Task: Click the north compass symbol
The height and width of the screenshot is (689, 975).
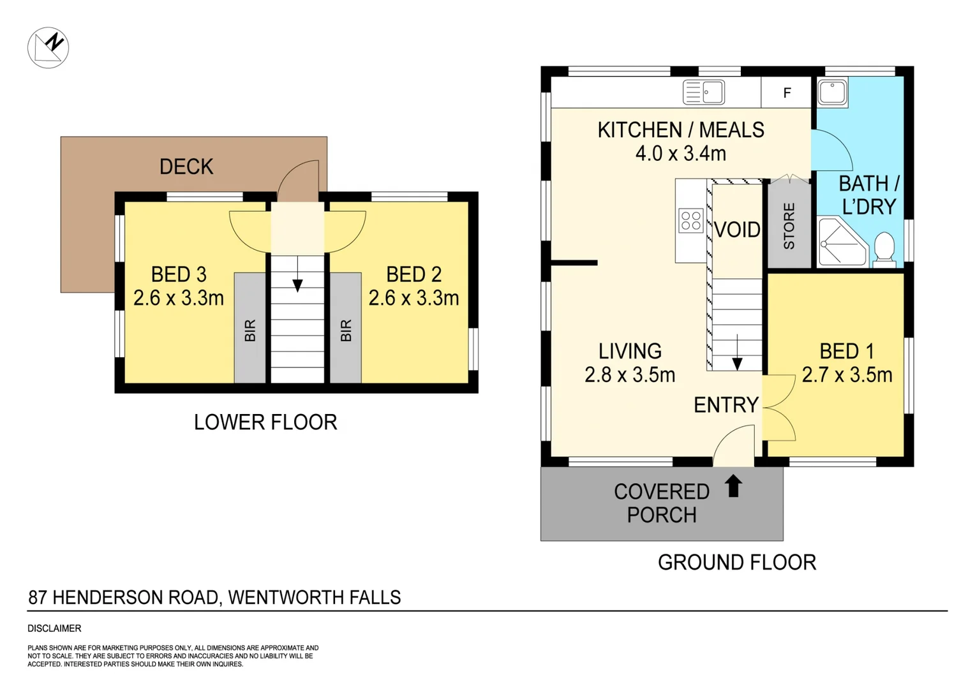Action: coord(48,47)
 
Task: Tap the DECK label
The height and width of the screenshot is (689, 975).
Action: coord(186,167)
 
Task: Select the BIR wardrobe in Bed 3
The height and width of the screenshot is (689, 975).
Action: coord(250,328)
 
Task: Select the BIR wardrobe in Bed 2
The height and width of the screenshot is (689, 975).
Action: coord(346,328)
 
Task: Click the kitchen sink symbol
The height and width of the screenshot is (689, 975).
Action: coord(703,93)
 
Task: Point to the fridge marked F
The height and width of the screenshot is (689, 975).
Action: coord(786,93)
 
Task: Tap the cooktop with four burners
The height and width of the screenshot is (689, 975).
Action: coord(691,220)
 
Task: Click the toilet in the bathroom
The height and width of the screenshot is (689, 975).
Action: coord(884,250)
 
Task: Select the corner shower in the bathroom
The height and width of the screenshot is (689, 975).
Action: coord(843,242)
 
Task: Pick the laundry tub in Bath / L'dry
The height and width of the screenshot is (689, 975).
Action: coord(832,93)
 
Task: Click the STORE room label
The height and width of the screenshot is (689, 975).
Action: coord(789,226)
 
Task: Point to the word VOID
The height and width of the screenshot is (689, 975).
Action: coord(737,230)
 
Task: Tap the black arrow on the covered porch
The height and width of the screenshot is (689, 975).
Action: coord(733,485)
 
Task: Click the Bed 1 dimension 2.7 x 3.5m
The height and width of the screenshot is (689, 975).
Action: coord(847,374)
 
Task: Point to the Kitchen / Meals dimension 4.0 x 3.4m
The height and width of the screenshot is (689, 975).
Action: coord(681,154)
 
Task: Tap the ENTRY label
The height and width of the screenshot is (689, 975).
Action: coord(726,405)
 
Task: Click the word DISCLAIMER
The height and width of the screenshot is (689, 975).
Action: coord(54,628)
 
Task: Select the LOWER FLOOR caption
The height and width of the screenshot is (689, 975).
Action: coord(265,422)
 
